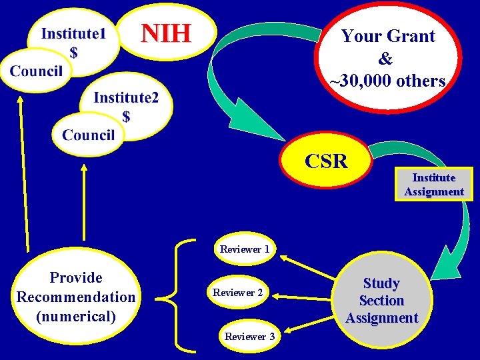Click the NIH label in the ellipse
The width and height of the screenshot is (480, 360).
point(167,32)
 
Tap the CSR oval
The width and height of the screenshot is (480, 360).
point(327,162)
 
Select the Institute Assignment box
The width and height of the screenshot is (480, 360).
point(433,185)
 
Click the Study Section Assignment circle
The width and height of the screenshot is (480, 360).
point(382,301)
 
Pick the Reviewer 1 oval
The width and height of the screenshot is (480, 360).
point(245,249)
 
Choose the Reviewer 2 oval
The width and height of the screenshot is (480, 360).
point(238,293)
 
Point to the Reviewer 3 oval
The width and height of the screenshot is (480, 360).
point(249,336)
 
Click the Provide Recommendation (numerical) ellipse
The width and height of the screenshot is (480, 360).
point(75,297)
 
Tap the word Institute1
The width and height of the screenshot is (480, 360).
point(73,34)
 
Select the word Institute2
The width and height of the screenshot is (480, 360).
point(126,98)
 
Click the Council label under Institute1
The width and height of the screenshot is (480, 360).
point(37,71)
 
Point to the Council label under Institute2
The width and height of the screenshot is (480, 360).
point(89,135)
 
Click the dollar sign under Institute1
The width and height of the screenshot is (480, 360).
point(73,53)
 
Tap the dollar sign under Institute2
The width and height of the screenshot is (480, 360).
point(126,117)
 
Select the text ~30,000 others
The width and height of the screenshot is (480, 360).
point(387,81)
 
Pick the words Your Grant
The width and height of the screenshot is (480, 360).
point(388,37)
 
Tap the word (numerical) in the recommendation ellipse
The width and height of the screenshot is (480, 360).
point(75,315)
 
